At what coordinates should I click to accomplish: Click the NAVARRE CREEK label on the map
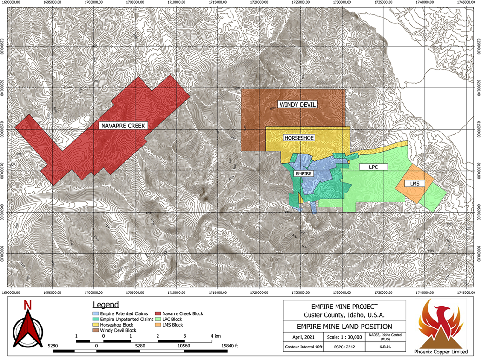click(124, 126)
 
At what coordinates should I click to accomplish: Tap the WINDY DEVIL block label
click(297, 105)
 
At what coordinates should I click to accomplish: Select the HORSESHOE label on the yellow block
click(299, 138)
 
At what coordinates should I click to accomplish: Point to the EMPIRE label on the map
click(303, 173)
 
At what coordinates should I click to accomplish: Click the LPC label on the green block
click(372, 166)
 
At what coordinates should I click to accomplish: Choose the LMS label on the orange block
click(415, 184)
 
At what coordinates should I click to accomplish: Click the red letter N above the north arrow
click(27, 306)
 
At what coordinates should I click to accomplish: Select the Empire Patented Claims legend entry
click(117, 314)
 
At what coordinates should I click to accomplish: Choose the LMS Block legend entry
click(174, 325)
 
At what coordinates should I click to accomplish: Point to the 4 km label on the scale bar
click(214, 335)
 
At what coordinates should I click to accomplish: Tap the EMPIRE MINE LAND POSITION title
click(344, 327)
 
